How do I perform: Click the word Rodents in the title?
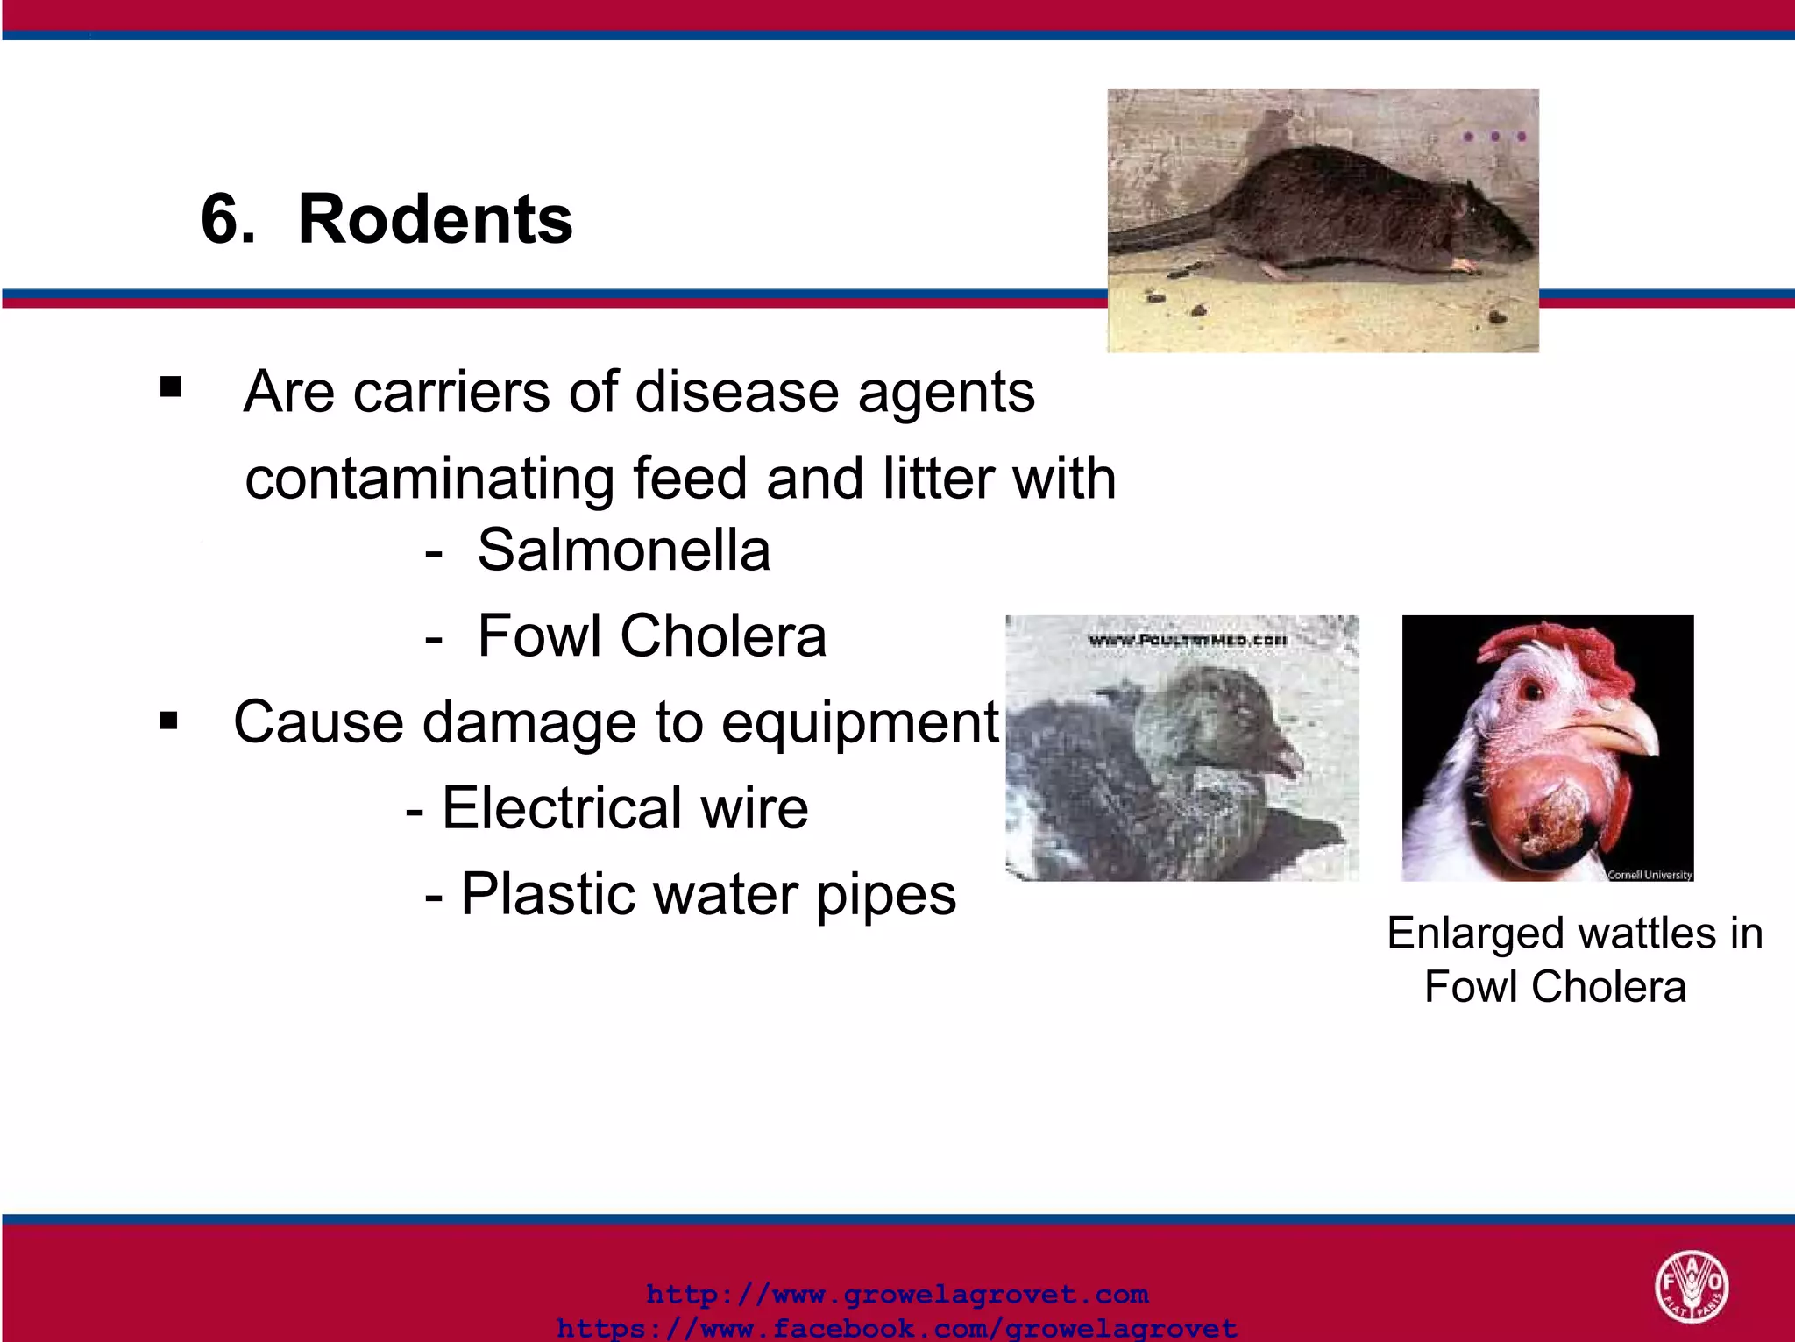click(x=435, y=219)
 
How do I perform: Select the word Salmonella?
click(x=623, y=550)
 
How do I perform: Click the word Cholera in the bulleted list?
click(x=723, y=635)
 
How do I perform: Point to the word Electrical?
click(x=560, y=807)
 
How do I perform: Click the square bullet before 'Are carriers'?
click(x=171, y=387)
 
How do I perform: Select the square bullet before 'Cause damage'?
click(x=169, y=721)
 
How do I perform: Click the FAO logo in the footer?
click(x=1691, y=1286)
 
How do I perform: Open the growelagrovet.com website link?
click(x=897, y=1295)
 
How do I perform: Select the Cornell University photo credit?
click(x=1649, y=874)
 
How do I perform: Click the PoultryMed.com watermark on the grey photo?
click(x=1187, y=641)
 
